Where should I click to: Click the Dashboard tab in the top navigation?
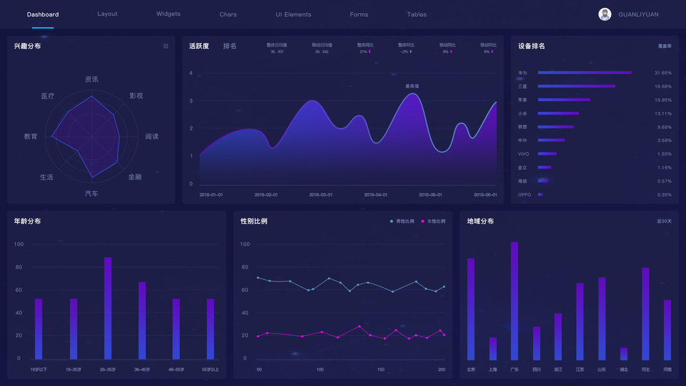[42, 14]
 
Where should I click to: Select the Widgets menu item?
[168, 14]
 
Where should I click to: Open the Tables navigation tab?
[417, 14]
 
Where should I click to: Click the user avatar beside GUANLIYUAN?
[604, 14]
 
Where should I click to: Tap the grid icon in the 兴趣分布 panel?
[165, 46]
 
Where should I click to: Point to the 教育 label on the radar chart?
[31, 136]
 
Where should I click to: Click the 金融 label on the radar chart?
[135, 177]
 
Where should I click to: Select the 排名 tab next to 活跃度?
[230, 46]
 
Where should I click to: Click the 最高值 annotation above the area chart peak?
[412, 86]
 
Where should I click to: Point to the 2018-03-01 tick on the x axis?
[321, 194]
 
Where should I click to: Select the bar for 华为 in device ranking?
[584, 73]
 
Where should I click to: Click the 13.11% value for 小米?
[663, 113]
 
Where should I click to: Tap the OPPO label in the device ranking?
[525, 194]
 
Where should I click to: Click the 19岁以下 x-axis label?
[39, 369]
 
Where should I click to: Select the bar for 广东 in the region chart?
[514, 300]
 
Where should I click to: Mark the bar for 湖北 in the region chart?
[624, 354]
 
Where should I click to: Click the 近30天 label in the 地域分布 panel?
[664, 221]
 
